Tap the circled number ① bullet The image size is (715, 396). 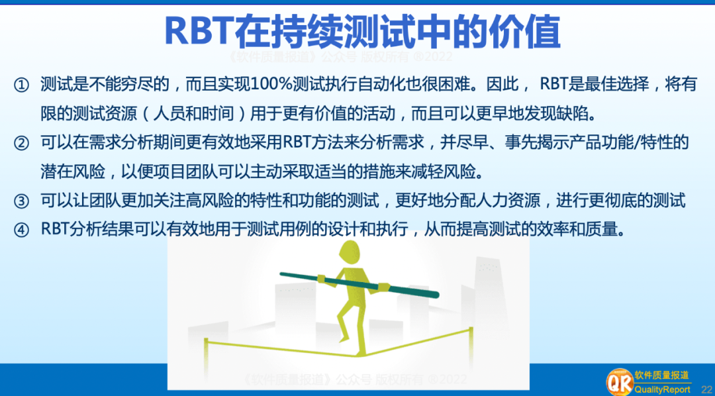[22, 85]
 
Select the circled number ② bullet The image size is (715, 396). [22, 143]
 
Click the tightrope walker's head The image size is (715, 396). [352, 253]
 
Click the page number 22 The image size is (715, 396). [706, 390]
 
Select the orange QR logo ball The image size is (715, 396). [619, 383]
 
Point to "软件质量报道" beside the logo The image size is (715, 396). [661, 375]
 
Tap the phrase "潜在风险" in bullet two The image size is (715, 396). [73, 172]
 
